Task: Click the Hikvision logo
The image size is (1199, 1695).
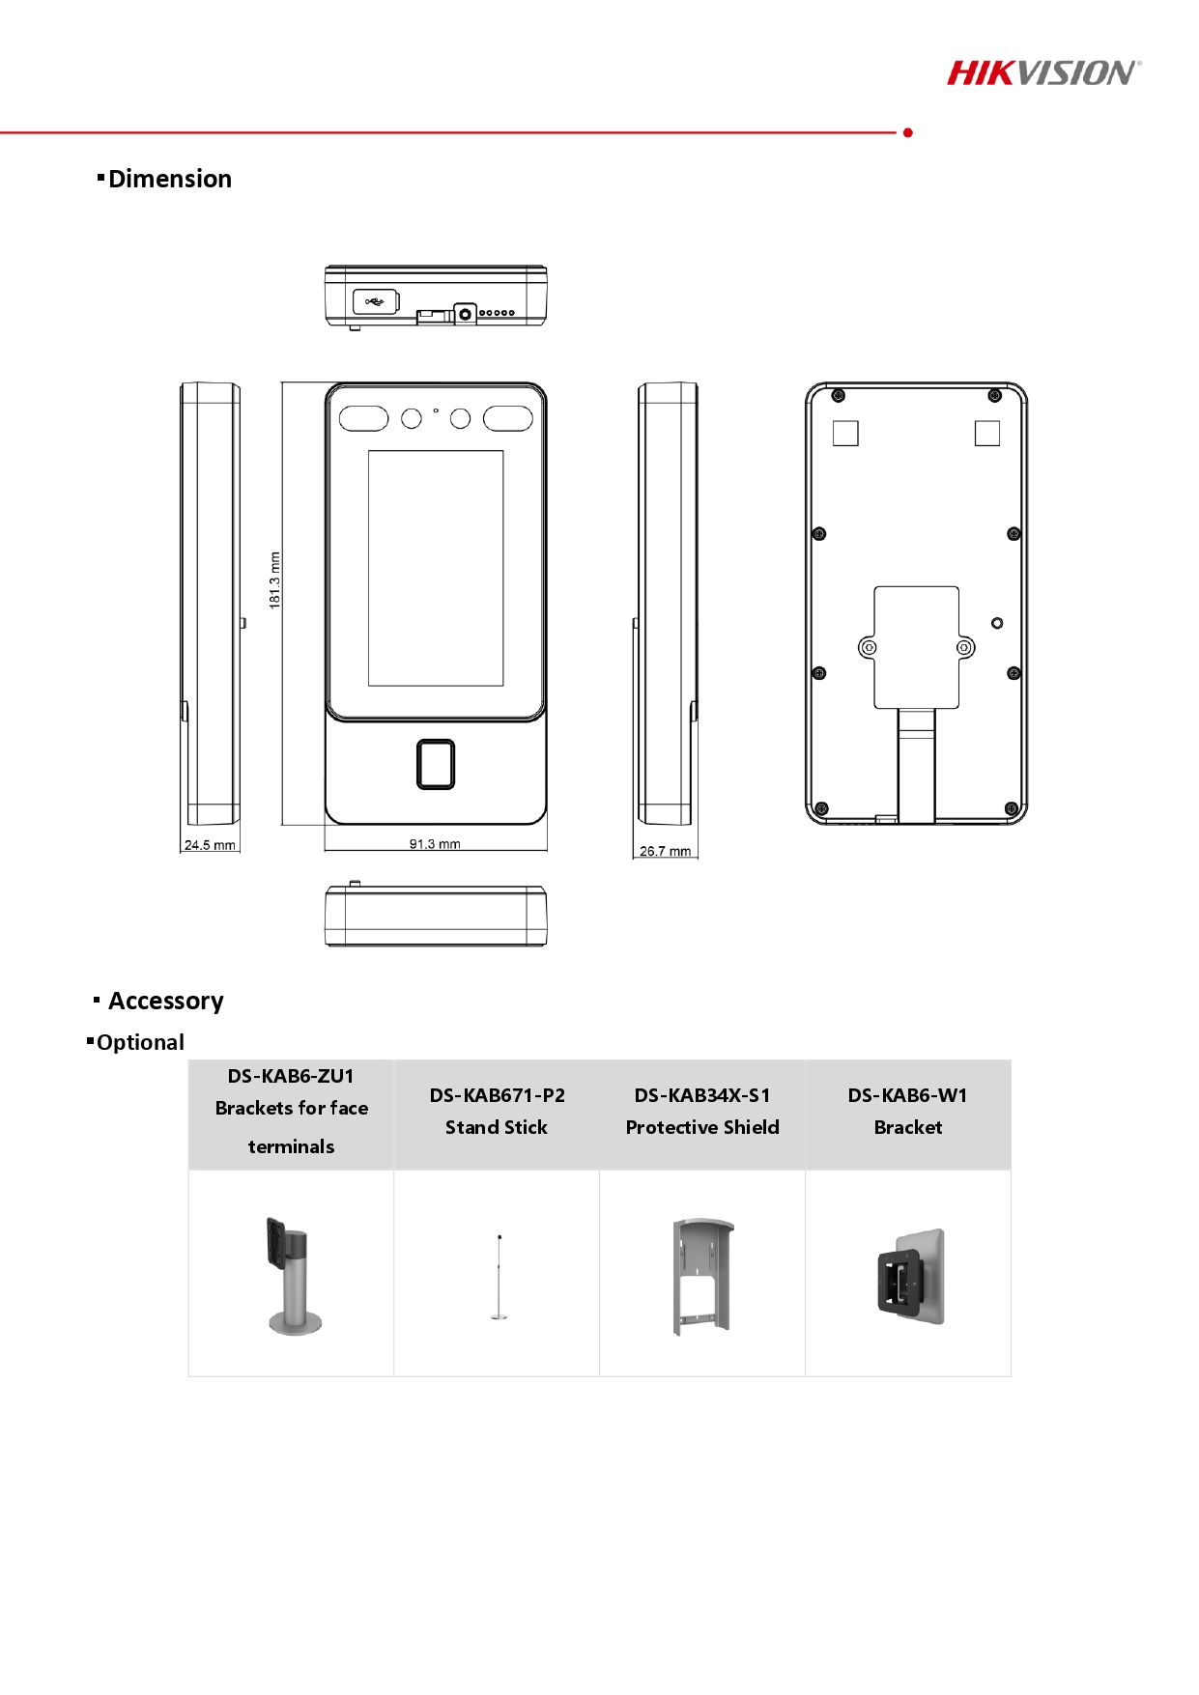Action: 1043,73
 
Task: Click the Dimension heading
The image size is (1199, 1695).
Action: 170,180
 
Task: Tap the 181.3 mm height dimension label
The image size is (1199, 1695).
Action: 274,580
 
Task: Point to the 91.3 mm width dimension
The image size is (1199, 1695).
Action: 435,844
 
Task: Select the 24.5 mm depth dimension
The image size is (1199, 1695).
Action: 210,845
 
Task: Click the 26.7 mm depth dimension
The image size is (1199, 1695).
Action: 666,851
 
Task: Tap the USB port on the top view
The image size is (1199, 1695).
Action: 375,302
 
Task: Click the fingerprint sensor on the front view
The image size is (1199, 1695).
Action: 436,764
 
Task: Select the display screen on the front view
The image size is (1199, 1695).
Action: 436,568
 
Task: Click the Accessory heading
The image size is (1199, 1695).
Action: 166,1001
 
